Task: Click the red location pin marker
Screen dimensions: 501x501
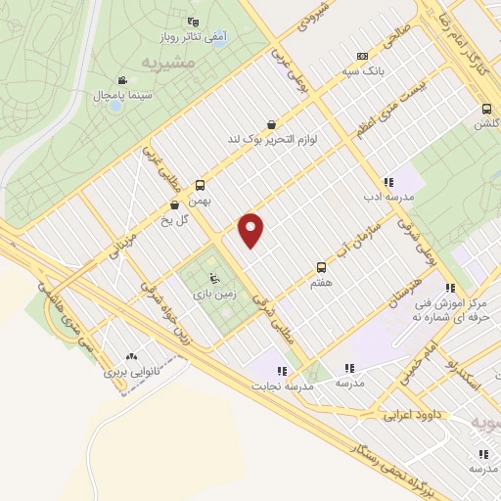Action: (251, 230)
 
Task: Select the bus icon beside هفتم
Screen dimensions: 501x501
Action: (321, 266)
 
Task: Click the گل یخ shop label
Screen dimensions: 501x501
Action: (175, 219)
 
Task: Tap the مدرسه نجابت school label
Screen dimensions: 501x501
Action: (284, 386)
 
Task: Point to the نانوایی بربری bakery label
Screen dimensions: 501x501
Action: (131, 372)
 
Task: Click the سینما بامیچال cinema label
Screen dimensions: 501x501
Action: (121, 96)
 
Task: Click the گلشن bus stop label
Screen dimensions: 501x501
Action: (487, 124)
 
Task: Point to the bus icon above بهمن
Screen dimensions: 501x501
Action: (201, 184)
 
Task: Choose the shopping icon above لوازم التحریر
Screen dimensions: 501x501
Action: (270, 124)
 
